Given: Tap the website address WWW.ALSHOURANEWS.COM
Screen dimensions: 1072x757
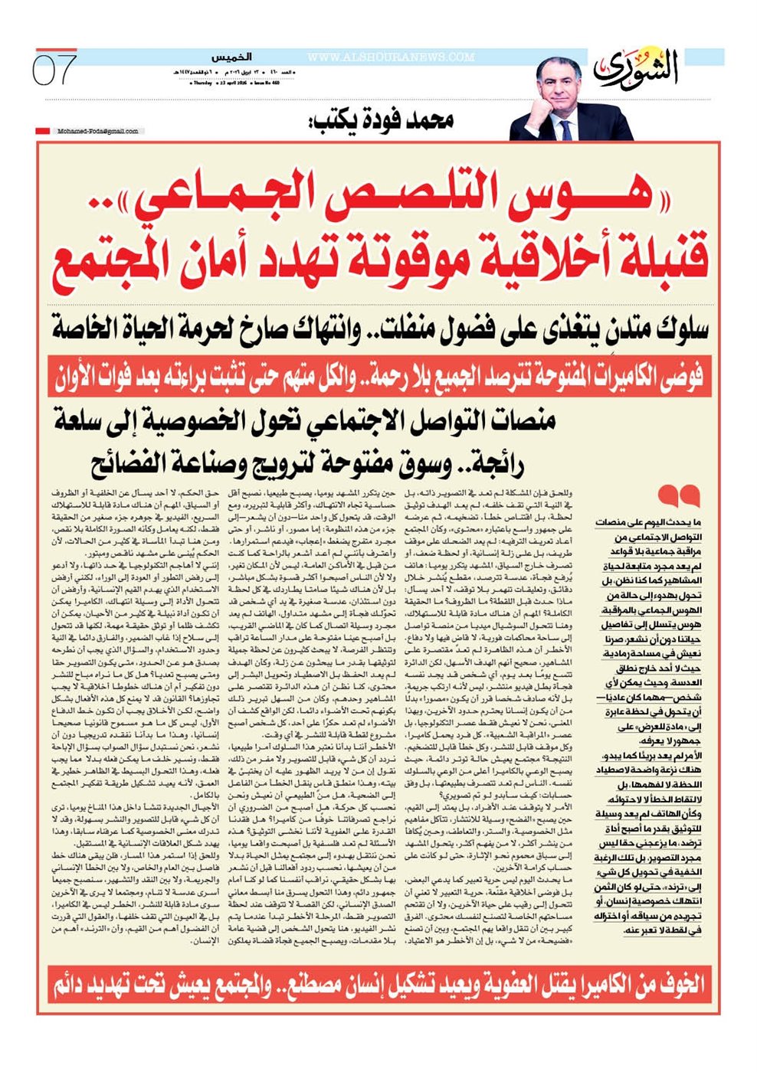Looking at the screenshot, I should pos(391,57).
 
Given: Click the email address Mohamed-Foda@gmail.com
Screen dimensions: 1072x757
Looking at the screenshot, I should pos(98,131).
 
